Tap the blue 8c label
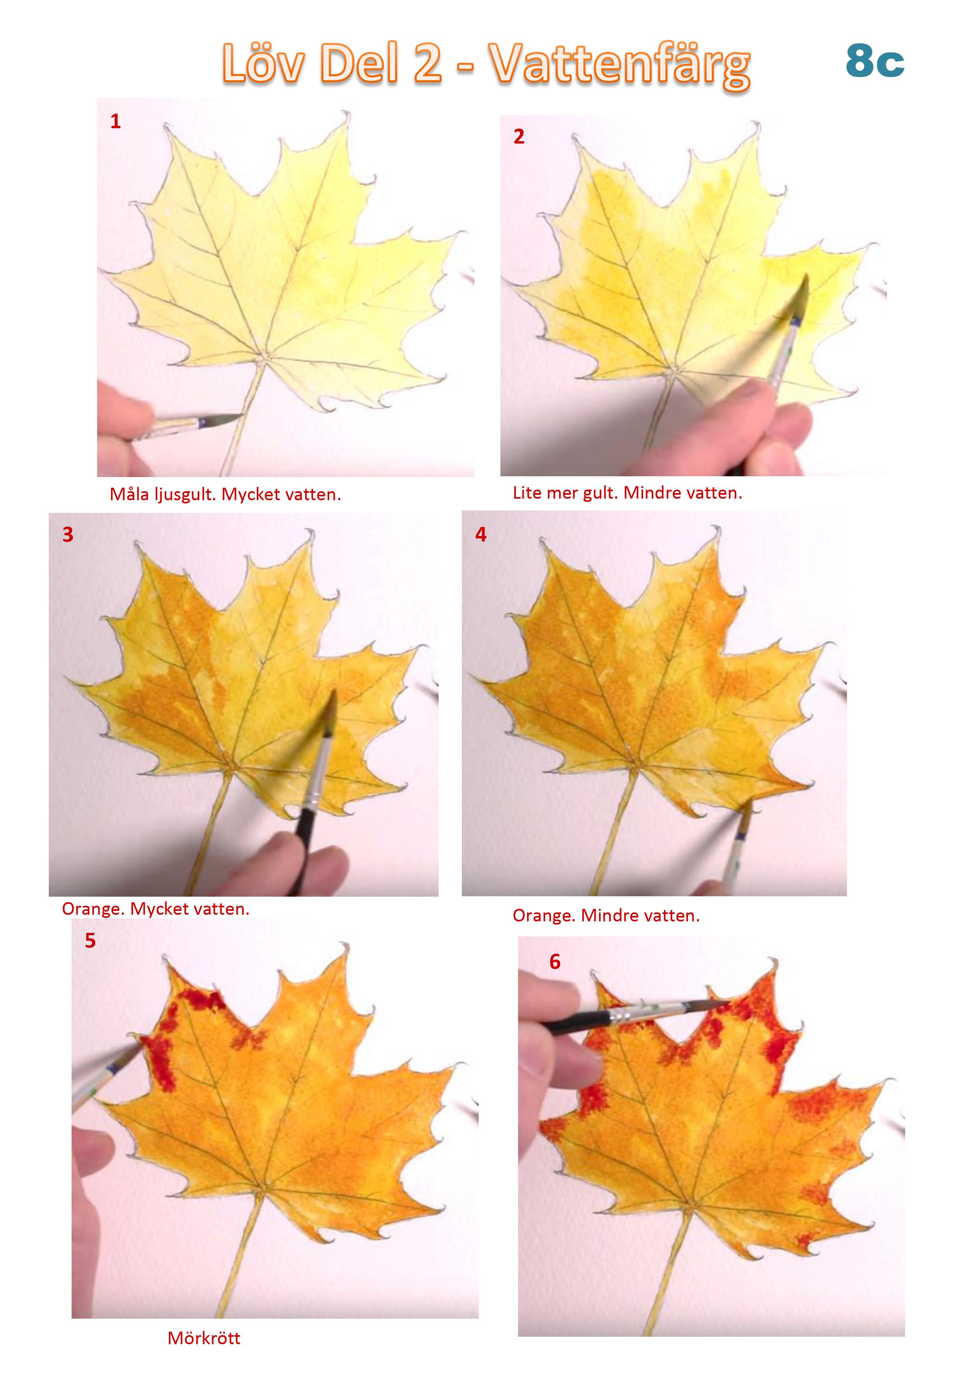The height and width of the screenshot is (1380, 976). pos(875,61)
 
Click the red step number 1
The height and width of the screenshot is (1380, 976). pos(116,122)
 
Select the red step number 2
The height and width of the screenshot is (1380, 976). pos(519,136)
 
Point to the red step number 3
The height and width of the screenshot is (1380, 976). pos(68,534)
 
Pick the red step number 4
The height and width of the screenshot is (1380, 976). pos(481,534)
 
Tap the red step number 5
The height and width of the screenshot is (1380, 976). pos(90,941)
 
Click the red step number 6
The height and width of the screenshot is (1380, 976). pos(555,962)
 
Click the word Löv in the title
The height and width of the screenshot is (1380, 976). pos(263,64)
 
